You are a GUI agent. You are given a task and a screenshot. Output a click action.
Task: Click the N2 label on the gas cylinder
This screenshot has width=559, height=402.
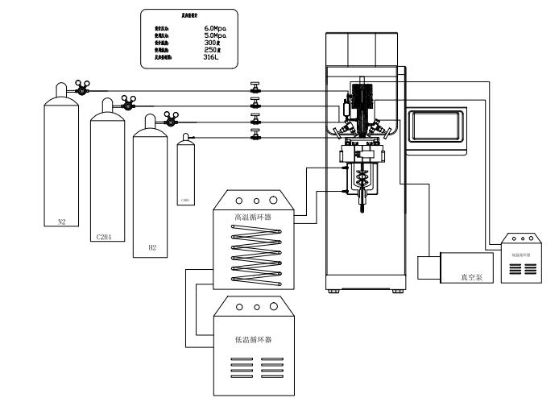pyautogui.click(x=61, y=222)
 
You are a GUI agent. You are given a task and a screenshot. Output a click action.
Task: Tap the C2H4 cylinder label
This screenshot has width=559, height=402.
pyautogui.click(x=103, y=237)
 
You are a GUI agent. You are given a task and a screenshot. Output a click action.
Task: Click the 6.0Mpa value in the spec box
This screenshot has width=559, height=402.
pyautogui.click(x=215, y=28)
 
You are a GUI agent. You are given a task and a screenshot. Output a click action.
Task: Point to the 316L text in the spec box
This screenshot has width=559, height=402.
pyautogui.click(x=212, y=58)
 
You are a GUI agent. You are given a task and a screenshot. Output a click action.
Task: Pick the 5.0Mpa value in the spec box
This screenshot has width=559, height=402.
pyautogui.click(x=215, y=35)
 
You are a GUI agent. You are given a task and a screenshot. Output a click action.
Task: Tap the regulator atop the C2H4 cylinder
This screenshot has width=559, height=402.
pyautogui.click(x=126, y=102)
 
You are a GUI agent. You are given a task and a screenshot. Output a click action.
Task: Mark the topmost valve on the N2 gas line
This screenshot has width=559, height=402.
pyautogui.click(x=255, y=88)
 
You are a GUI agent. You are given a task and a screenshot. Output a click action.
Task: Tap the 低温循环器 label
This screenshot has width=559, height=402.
pyautogui.click(x=252, y=339)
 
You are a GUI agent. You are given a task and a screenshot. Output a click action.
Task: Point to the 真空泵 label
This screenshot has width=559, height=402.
pyautogui.click(x=471, y=276)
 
